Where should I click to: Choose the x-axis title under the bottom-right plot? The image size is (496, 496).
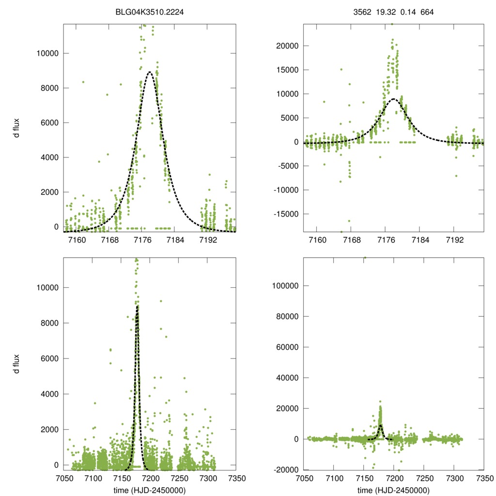tap(393, 490)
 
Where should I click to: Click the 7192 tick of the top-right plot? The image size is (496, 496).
tap(454, 240)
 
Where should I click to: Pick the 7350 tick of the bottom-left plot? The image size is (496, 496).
tap(236, 479)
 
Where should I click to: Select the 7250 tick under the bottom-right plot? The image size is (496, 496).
tap(424, 479)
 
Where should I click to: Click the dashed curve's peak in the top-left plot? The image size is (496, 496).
tap(150, 72)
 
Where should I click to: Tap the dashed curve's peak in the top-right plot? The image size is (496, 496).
tap(394, 99)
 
